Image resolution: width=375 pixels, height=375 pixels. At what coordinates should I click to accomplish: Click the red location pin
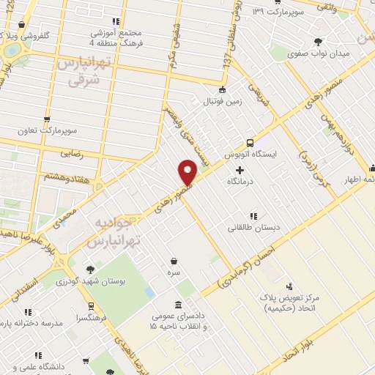click(x=187, y=172)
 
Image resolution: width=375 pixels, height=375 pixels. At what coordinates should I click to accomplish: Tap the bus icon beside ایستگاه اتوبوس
click(x=250, y=144)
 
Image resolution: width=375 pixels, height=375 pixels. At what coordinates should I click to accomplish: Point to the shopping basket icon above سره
click(x=174, y=260)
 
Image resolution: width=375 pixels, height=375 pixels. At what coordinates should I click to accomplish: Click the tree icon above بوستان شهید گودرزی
click(x=90, y=270)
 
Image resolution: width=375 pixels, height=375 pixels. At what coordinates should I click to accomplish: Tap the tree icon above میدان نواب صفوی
click(x=318, y=42)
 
